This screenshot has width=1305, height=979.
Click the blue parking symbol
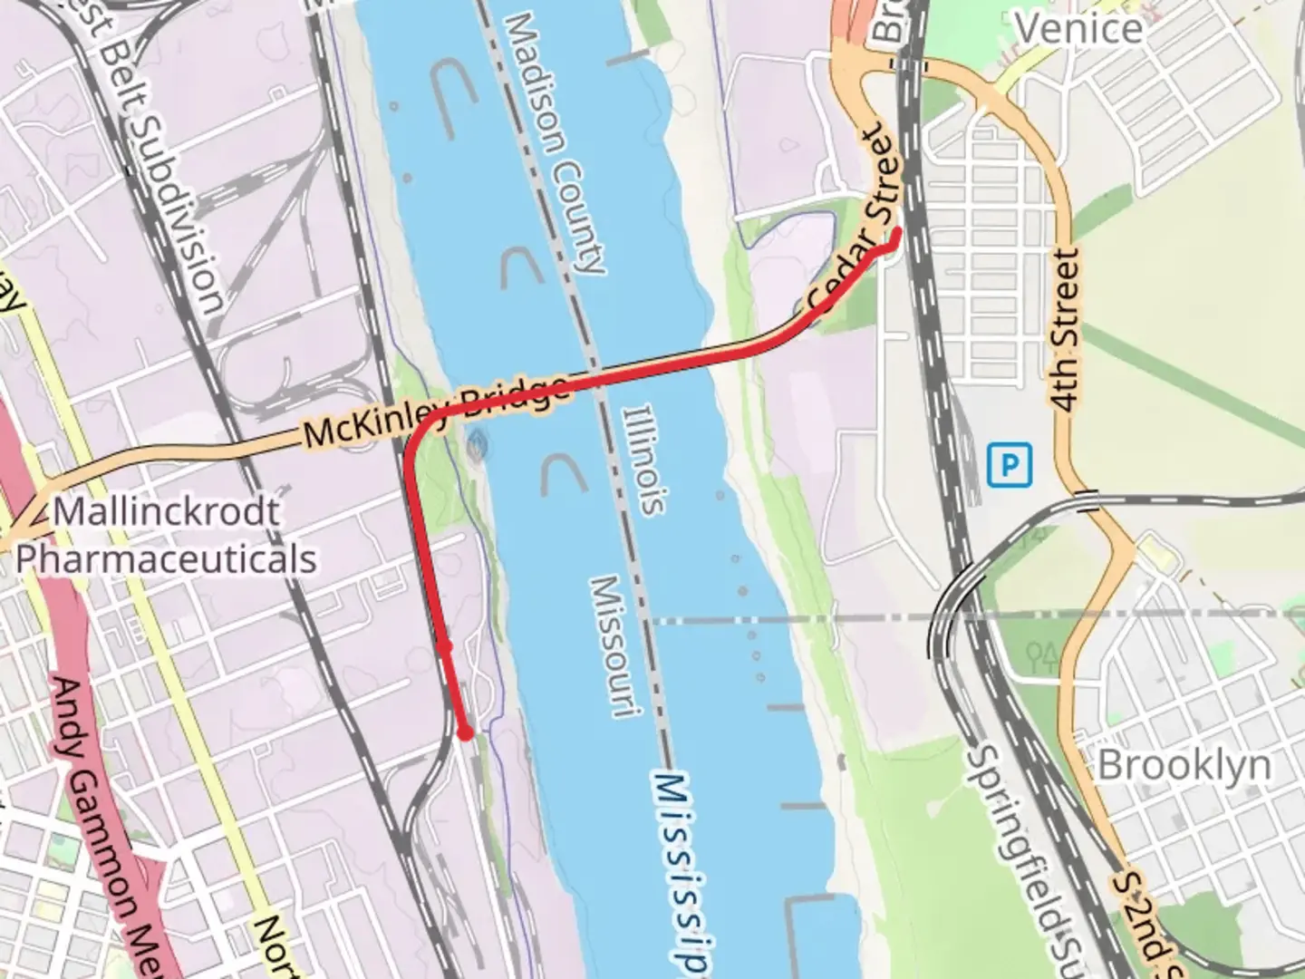pyautogui.click(x=1010, y=466)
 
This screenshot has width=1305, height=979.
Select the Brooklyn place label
pyautogui.click(x=1184, y=766)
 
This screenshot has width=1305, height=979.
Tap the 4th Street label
pyautogui.click(x=1068, y=331)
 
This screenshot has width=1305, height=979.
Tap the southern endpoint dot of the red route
pyautogui.click(x=465, y=732)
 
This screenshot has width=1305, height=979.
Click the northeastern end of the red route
pyautogui.click(x=895, y=233)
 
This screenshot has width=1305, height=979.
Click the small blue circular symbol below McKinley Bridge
pyautogui.click(x=477, y=443)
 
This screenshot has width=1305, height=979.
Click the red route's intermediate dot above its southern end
pyautogui.click(x=444, y=645)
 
